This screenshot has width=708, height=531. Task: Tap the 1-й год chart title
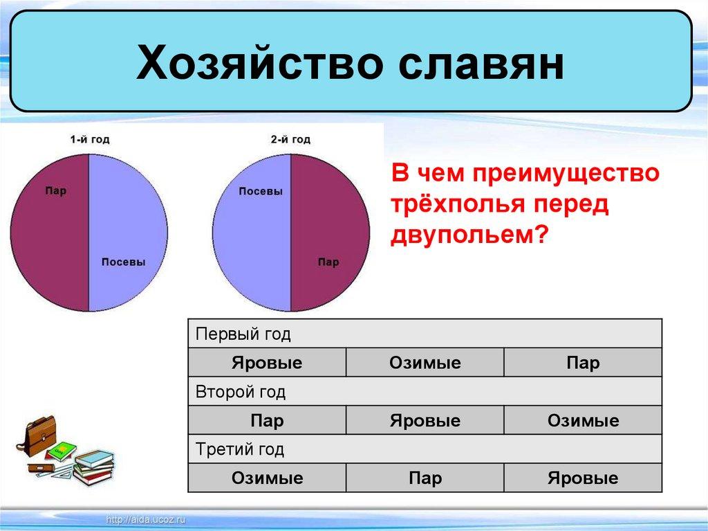coord(89,139)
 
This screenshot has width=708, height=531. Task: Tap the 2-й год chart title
coord(290,139)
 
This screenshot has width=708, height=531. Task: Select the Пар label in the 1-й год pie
coord(55,190)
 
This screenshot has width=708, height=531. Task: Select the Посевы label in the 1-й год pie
coord(123,262)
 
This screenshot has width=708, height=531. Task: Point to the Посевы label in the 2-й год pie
coord(261,191)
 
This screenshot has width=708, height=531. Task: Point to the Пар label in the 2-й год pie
coord(328,262)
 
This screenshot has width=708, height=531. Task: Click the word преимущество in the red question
coord(566,174)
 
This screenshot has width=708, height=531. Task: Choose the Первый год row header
coord(243,334)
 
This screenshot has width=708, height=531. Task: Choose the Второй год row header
coord(240,392)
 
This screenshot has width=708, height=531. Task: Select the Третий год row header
coord(240,449)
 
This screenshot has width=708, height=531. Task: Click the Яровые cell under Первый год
coord(267,363)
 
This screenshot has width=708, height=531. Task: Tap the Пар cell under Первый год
coord(583,363)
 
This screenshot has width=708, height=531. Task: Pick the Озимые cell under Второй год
coord(583,421)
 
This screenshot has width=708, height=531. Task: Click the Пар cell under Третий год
coord(425,478)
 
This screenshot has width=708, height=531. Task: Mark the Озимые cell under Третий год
coord(267,478)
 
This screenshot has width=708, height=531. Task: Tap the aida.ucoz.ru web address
coord(145,520)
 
